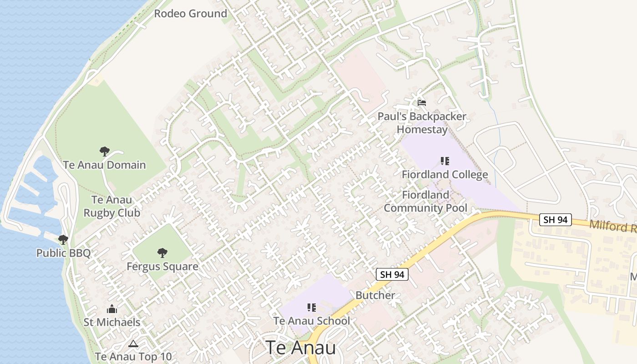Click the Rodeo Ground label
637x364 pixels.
(190, 14)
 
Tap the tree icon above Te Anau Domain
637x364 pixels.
(105, 152)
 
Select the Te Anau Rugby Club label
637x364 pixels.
(111, 206)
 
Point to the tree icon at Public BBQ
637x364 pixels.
(63, 240)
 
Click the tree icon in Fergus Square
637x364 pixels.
(162, 253)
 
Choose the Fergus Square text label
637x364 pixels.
(162, 266)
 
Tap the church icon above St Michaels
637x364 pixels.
(112, 309)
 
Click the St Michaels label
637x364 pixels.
(112, 322)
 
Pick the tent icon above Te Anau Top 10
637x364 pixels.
(133, 344)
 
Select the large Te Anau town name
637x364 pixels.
(301, 348)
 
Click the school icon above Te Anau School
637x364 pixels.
(311, 308)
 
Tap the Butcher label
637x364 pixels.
(375, 295)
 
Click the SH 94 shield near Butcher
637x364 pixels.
(392, 274)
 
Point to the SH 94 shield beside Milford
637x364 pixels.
(556, 220)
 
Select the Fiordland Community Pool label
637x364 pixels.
(425, 202)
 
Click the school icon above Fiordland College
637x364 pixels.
(445, 161)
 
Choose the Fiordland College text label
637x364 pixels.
(445, 174)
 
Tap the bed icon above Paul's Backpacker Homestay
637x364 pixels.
(422, 103)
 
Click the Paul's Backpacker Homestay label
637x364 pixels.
(422, 123)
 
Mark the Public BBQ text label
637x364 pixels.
(63, 253)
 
